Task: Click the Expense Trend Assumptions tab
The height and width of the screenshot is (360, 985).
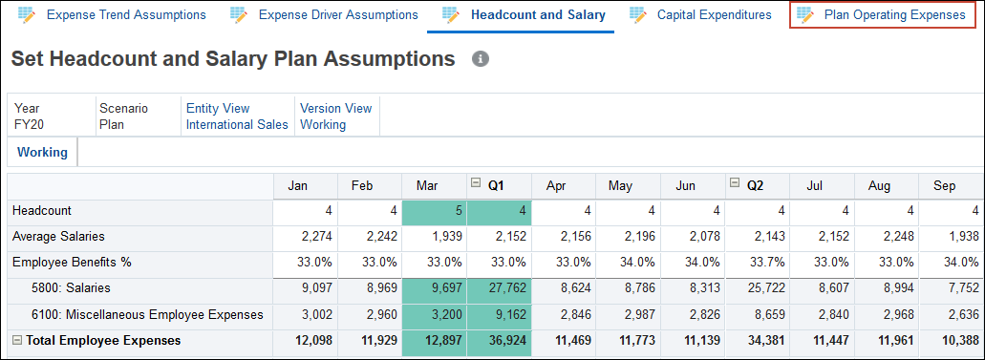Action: (x=125, y=15)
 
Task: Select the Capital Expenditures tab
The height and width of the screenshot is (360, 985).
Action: (x=714, y=15)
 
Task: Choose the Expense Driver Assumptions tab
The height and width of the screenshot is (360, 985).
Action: (x=338, y=15)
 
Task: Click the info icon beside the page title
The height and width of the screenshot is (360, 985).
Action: (x=481, y=59)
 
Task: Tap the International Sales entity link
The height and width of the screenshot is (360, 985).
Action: (x=237, y=124)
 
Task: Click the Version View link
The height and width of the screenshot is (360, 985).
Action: (x=334, y=109)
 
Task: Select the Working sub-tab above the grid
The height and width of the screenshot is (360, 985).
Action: (x=42, y=152)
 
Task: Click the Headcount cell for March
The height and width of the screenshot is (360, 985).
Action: (x=435, y=210)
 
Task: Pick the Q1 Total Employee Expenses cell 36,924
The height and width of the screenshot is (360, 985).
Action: (x=500, y=340)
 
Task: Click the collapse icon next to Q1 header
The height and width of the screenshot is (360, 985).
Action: (x=475, y=184)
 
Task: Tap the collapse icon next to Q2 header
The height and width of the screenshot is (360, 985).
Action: (x=734, y=184)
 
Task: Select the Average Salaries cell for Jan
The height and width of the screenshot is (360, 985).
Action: (x=305, y=236)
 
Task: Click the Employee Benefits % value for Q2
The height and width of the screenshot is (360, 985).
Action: (x=757, y=262)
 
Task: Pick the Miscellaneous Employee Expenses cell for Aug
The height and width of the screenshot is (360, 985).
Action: (x=886, y=314)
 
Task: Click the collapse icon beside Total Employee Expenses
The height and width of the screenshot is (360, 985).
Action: (x=16, y=340)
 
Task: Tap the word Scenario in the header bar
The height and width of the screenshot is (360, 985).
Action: (x=123, y=109)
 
